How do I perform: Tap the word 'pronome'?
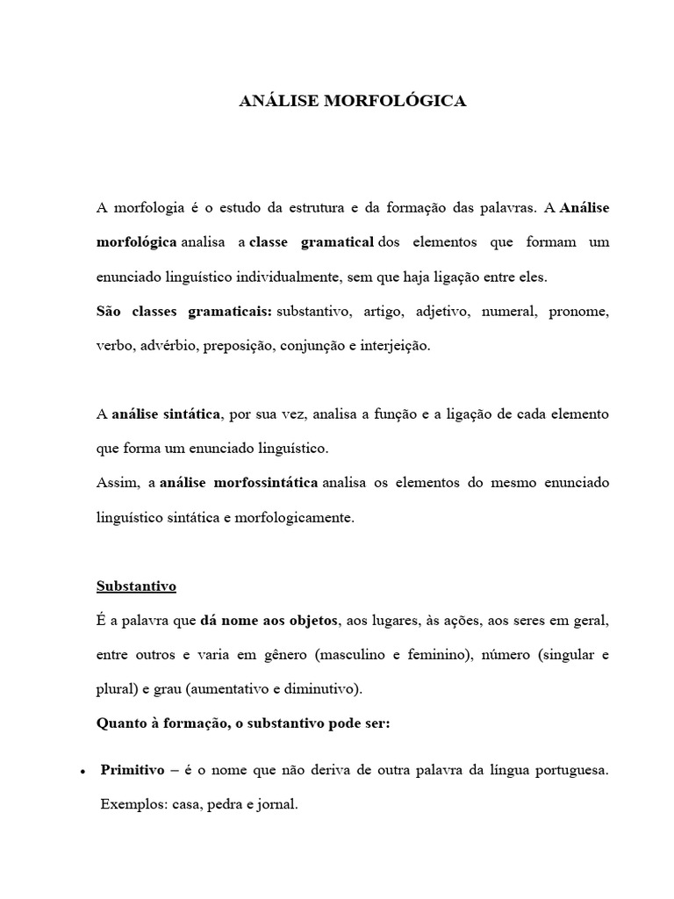click(578, 312)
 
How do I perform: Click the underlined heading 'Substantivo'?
click(136, 586)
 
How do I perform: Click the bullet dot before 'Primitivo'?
click(81, 771)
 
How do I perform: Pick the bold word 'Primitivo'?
click(133, 770)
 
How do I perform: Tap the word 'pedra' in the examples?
click(226, 803)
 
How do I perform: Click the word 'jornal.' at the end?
click(278, 803)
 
